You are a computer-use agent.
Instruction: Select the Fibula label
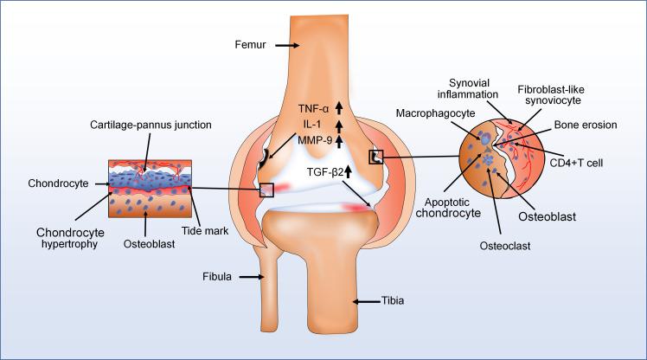[217, 278]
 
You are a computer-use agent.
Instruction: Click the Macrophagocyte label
[427, 112]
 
